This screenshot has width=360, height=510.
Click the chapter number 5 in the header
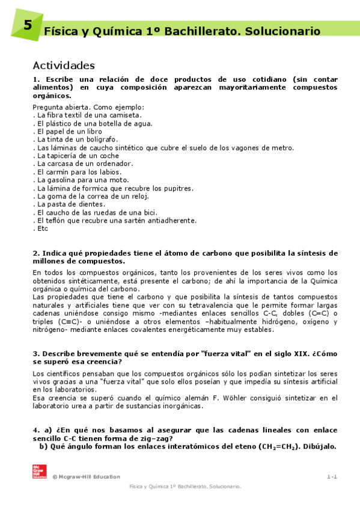pos(28,26)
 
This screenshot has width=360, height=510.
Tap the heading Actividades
pos(64,66)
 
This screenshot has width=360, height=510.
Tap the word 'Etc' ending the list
pos(41,229)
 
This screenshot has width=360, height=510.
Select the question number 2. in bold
pos(36,253)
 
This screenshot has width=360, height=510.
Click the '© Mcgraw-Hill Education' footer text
pos(86,476)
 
